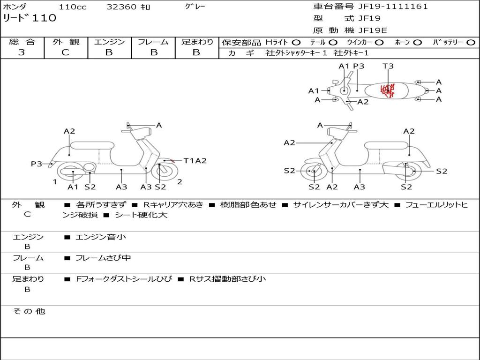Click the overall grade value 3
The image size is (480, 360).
pos(22,52)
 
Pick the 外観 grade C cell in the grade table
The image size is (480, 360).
pos(66,52)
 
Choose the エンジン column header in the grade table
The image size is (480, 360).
pos(109,42)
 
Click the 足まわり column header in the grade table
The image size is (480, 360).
pos(197,42)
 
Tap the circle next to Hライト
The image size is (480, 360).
pos(296,43)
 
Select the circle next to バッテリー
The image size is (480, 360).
pos(471,43)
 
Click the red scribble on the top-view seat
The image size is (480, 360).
pos(388,90)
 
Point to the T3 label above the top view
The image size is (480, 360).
pos(388,66)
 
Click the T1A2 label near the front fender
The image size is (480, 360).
pos(195,161)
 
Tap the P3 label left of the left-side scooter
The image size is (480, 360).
pos(37,164)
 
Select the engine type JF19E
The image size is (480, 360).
pos(373,30)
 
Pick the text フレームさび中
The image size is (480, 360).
pos(103,258)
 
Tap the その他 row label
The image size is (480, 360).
pos(29,311)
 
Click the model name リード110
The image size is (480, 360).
pos(30,18)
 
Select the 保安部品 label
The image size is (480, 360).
pos(241,43)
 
